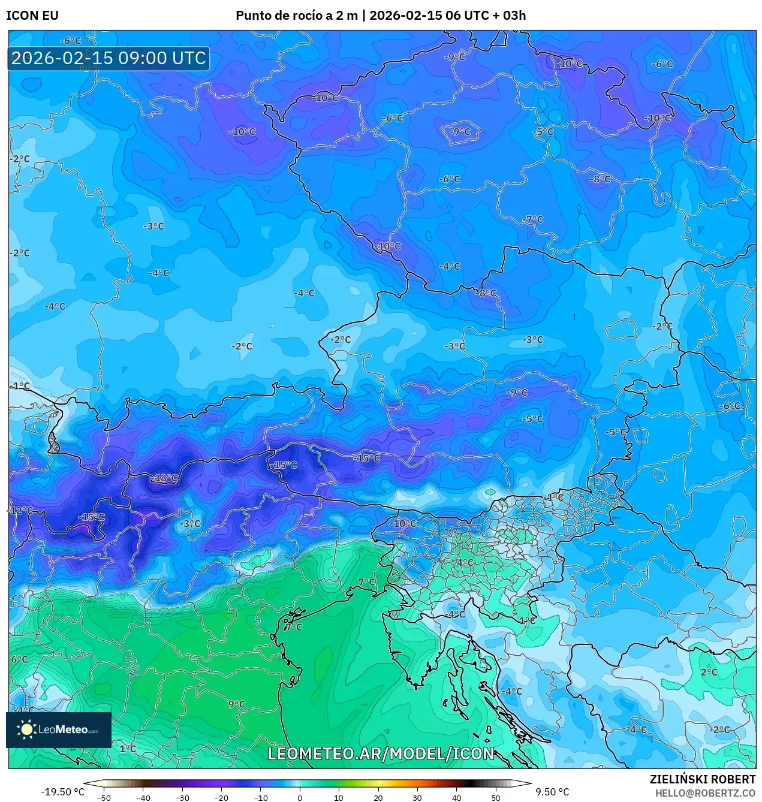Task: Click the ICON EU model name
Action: click(x=32, y=16)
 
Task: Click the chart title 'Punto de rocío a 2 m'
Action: click(x=297, y=16)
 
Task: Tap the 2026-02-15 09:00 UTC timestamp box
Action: click(x=109, y=59)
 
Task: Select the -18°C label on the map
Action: click(x=164, y=478)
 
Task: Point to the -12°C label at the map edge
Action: click(x=20, y=511)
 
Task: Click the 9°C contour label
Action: click(x=237, y=704)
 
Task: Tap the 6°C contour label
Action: click(x=19, y=659)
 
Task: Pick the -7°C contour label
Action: click(x=532, y=220)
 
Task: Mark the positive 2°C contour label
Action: click(x=709, y=672)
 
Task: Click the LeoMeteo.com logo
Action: click(x=59, y=729)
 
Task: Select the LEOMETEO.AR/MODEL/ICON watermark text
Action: click(x=381, y=753)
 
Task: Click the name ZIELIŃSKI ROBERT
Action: click(x=703, y=779)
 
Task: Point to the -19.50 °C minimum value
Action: click(x=62, y=792)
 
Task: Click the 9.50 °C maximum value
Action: click(x=552, y=792)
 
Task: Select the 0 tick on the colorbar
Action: click(x=300, y=798)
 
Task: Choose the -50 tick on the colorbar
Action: click(x=104, y=798)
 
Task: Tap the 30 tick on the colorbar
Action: click(x=417, y=798)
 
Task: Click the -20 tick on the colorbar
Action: click(x=221, y=798)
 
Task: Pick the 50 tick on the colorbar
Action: click(x=495, y=798)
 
